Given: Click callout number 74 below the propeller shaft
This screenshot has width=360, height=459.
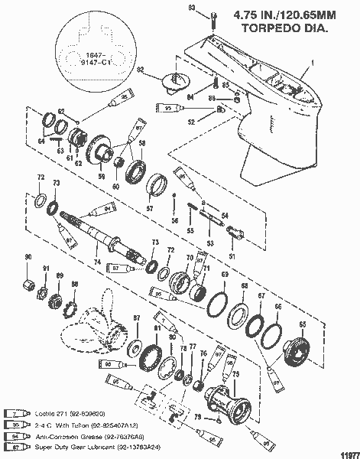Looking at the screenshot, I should [x=97, y=261].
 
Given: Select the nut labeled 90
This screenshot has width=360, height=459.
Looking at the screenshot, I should [x=28, y=287].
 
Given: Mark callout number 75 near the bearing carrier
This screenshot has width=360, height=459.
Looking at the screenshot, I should [x=237, y=373].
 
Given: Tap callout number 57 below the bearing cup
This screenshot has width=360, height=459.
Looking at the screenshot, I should [x=149, y=208].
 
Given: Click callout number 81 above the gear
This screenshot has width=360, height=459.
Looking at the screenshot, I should [x=157, y=328].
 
